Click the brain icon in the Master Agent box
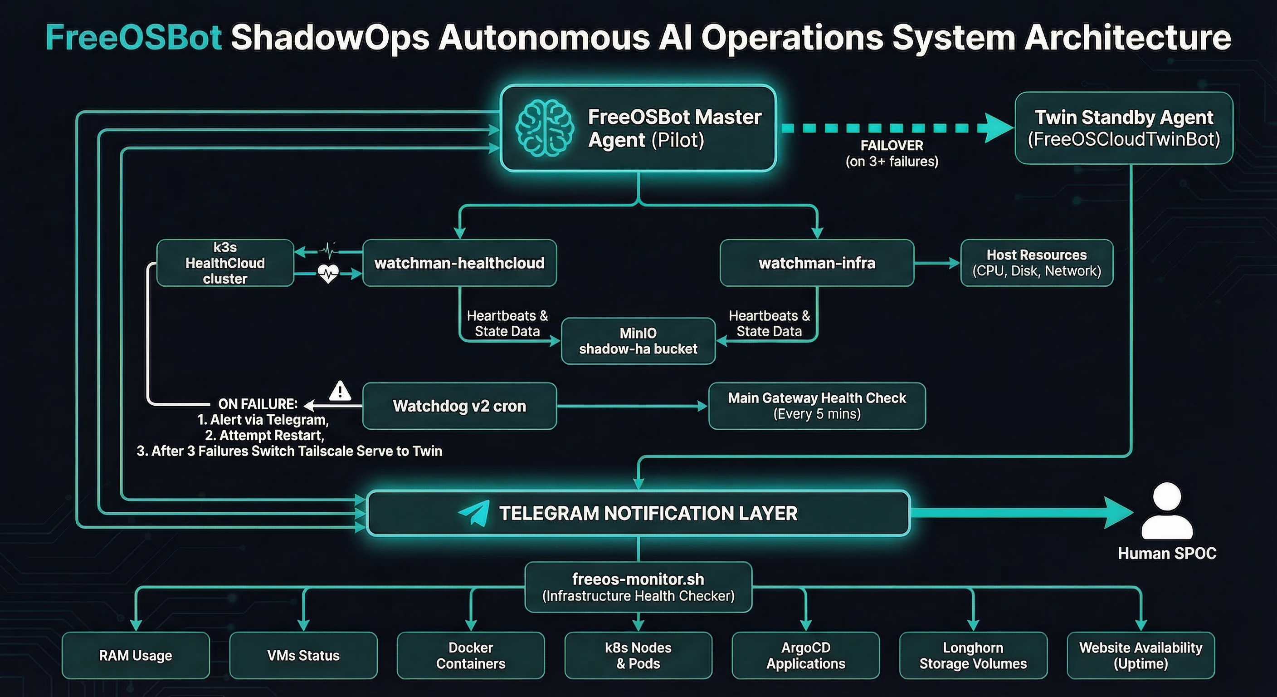pos(544,128)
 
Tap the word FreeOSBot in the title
pos(133,38)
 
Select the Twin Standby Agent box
pos(1123,128)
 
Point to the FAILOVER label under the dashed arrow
pos(892,145)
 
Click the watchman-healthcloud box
pos(459,263)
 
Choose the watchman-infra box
pos(816,263)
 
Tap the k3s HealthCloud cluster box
pos(225,263)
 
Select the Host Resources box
pos(1036,263)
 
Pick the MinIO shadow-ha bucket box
pos(638,341)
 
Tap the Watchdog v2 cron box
pos(459,406)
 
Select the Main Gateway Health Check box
pos(816,406)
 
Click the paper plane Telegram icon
pos(473,513)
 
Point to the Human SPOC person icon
pos(1166,511)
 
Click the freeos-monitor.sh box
pos(638,587)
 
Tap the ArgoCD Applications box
pos(805,655)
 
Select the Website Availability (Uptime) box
pos(1140,655)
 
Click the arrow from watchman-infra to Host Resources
pos(937,263)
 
